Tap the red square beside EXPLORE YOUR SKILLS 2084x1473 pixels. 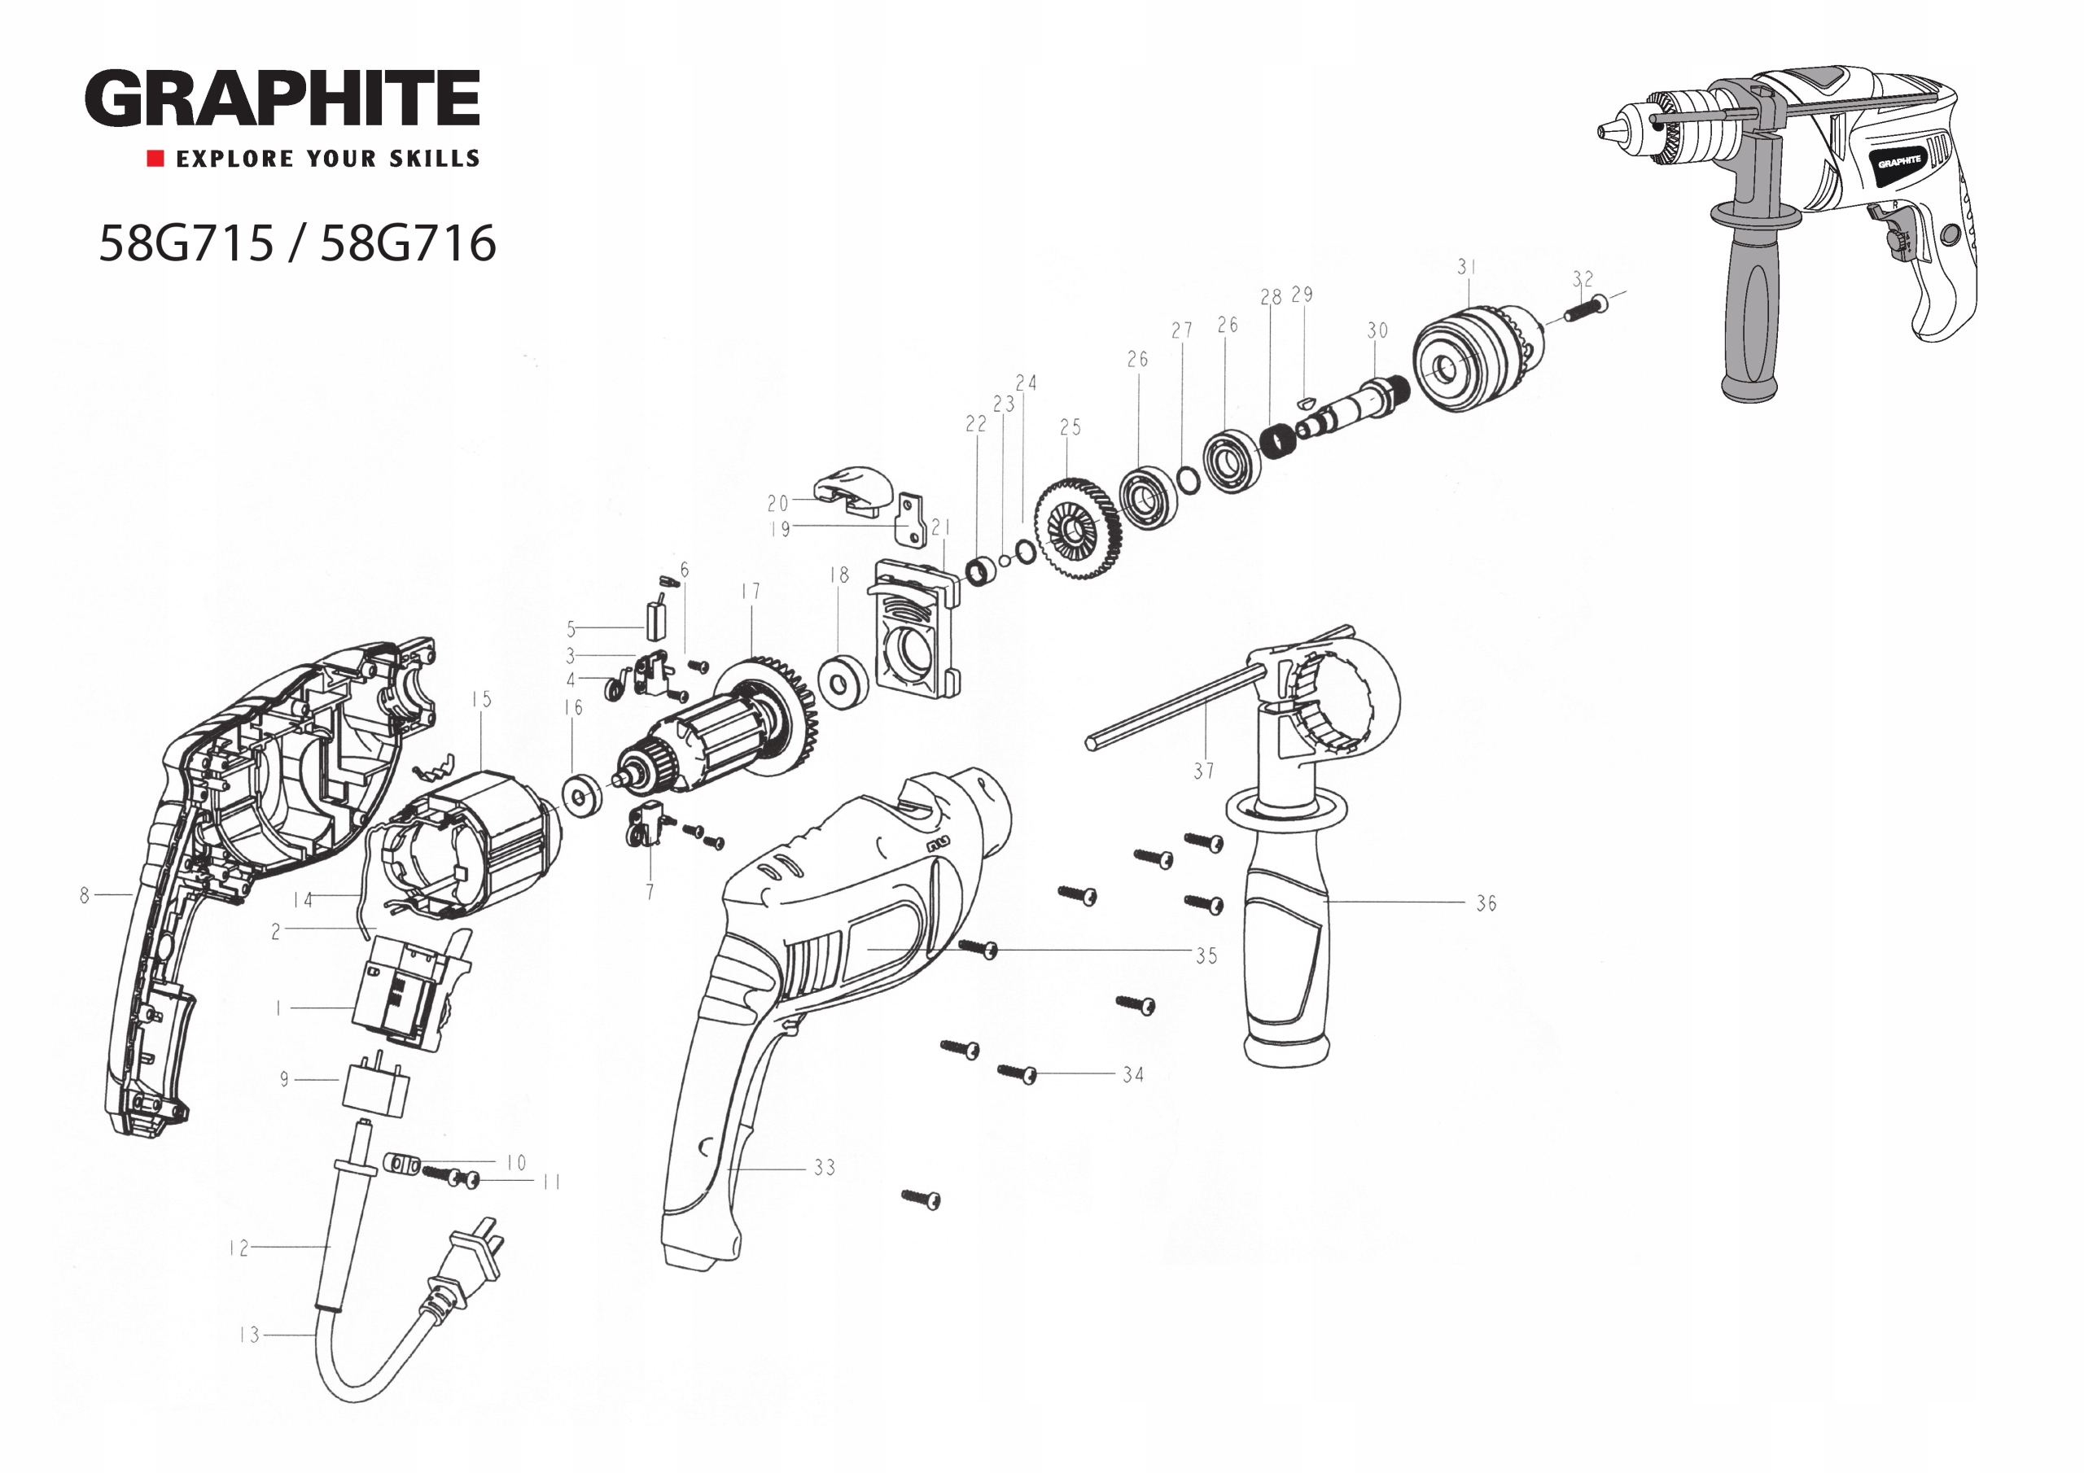(x=155, y=159)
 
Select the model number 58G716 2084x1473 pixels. (x=408, y=243)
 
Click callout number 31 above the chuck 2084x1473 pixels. (x=1467, y=267)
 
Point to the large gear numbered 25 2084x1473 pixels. (x=1077, y=533)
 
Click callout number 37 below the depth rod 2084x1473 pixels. (x=1203, y=771)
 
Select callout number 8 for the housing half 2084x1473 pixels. (x=85, y=895)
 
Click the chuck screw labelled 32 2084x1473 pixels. (x=1585, y=308)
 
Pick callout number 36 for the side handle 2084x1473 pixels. (x=1486, y=903)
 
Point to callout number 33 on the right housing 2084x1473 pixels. (x=824, y=1168)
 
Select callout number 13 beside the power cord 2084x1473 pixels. (x=250, y=1335)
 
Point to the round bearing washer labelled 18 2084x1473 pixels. (x=843, y=682)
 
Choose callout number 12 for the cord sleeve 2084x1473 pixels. (x=239, y=1248)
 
